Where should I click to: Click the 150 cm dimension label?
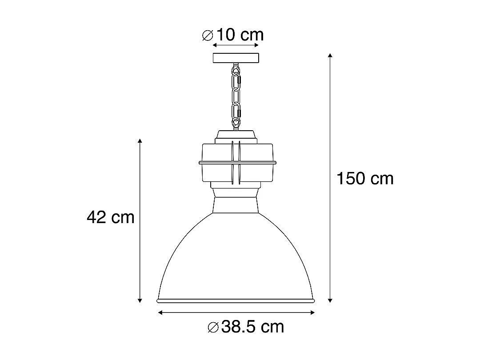coord(365,179)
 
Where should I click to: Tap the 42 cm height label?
coord(110,217)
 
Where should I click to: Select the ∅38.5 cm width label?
coord(246,328)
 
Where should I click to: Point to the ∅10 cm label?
coord(233,35)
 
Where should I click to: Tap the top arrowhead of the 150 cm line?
coord(330,56)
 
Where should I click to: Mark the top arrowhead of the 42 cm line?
coord(140,141)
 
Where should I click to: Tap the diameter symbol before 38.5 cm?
coord(213,328)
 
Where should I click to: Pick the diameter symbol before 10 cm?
coord(208,35)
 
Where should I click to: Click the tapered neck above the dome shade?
coord(236,204)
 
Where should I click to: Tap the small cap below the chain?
coord(236,135)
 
